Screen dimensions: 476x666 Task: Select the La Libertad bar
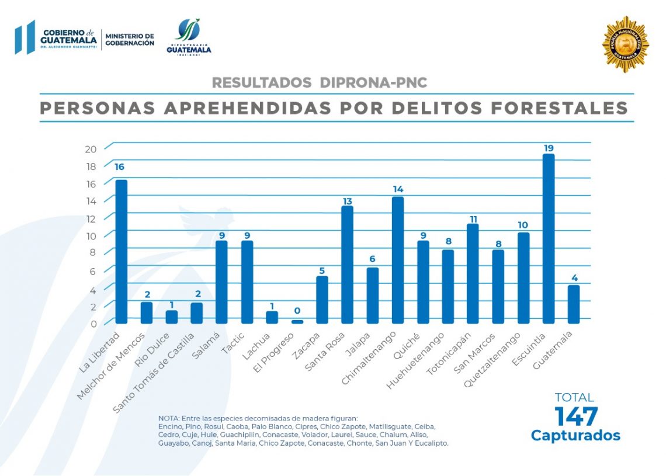click(x=122, y=251)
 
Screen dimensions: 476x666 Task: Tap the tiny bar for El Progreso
click(x=297, y=321)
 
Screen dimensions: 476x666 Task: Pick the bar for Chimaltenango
click(x=398, y=260)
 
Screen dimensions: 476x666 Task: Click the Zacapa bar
click(x=322, y=300)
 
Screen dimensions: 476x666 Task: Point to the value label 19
click(x=549, y=148)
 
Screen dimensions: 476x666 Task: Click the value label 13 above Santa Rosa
click(x=348, y=201)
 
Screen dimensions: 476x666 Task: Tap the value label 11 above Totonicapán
click(x=473, y=219)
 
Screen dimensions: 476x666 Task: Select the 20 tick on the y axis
click(x=91, y=148)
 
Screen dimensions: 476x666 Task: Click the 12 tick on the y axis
click(x=91, y=218)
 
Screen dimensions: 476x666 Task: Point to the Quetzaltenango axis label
click(x=491, y=360)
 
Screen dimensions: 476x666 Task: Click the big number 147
click(x=576, y=416)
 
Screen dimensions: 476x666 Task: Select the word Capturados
click(x=575, y=435)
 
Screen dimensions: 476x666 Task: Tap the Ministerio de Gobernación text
click(x=130, y=40)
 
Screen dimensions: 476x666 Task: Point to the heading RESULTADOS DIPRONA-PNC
click(x=320, y=83)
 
